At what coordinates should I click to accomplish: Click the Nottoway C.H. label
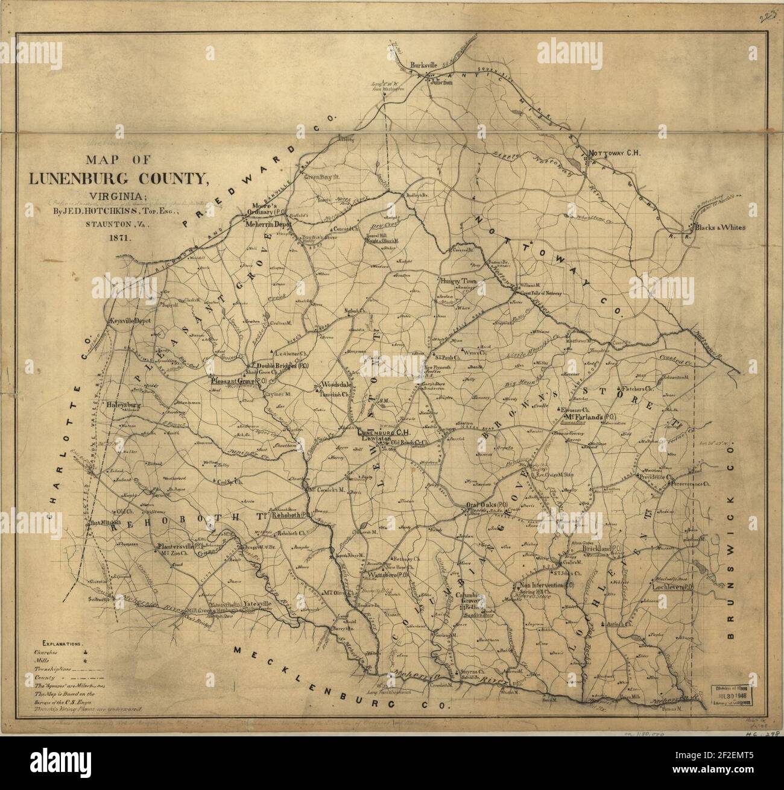[614, 153]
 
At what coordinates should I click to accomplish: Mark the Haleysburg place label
[123, 406]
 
